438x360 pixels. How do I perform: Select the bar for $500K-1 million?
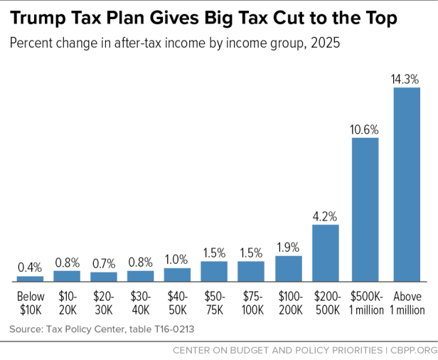point(365,209)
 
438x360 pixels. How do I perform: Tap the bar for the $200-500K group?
point(325,253)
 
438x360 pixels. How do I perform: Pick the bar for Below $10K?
point(30,278)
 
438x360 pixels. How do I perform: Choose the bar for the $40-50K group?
point(177,274)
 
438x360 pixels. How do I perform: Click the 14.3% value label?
point(406,80)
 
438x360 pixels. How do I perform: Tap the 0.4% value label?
point(30,268)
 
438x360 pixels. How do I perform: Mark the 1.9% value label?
point(288,248)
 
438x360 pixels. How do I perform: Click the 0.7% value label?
point(104,264)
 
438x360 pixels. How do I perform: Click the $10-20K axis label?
point(67,303)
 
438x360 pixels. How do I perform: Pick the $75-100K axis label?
point(251,303)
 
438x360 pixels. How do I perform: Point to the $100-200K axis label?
point(288,303)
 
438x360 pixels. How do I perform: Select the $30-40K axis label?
point(140,303)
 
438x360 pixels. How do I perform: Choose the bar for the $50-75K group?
point(214,271)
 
